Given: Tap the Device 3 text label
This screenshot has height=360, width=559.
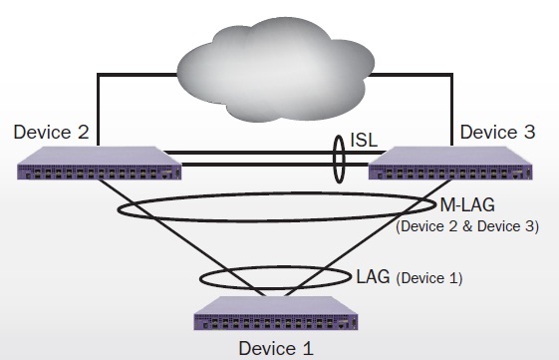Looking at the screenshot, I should pos(495,133).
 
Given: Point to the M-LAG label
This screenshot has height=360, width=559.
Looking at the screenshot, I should pos(468,207).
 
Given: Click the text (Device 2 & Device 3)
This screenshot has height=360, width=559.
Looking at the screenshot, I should pos(467,227).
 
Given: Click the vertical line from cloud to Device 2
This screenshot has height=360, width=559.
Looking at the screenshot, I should pos(97,110).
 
